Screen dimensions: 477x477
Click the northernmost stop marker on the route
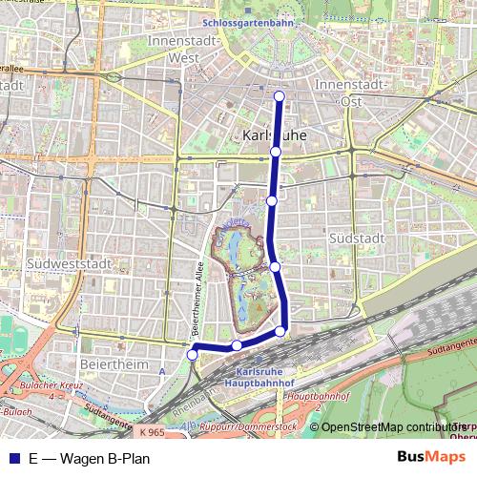click(x=280, y=95)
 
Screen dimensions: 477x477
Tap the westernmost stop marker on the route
click(x=192, y=355)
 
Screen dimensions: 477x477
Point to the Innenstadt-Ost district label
click(x=352, y=93)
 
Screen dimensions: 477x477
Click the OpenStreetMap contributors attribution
click(x=386, y=426)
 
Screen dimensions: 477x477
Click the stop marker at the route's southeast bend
click(x=280, y=331)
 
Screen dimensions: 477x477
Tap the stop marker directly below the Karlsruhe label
click(x=275, y=152)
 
